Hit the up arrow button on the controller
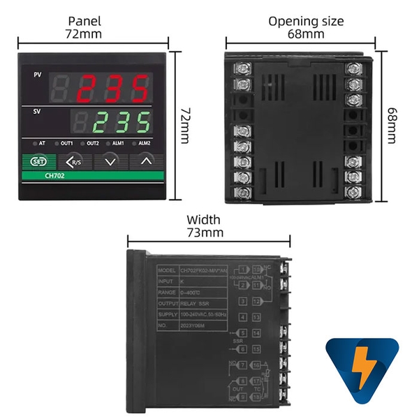(145, 161)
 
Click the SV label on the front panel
(37, 110)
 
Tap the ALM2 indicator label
(145, 143)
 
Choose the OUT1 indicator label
(67, 143)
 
